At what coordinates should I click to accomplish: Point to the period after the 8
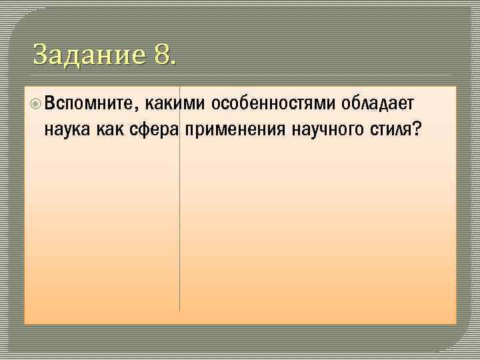[174, 62]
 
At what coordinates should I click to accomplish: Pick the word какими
[171, 104]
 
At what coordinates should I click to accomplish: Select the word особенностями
[273, 104]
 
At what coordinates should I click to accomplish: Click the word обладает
[378, 104]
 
